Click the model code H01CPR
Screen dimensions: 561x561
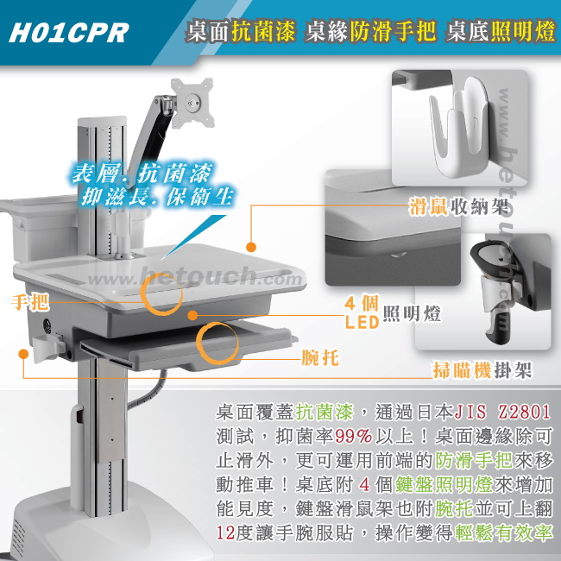pos(69,33)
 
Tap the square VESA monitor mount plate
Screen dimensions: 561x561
pos(192,103)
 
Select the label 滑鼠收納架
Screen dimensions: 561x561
pos(459,207)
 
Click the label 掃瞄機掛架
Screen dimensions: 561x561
pos(482,370)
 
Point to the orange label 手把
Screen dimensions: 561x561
pos(30,302)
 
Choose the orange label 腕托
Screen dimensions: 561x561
pos(320,357)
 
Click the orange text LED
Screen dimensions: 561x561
pos(362,322)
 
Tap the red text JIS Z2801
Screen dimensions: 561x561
pos(502,412)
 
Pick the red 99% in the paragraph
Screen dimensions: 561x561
pos(354,436)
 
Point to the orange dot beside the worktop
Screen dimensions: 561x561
pos(251,247)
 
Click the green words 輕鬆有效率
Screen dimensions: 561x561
pos(504,533)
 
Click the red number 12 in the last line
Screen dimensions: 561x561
pos(225,533)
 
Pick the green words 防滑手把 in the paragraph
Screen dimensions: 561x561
pos(474,461)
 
